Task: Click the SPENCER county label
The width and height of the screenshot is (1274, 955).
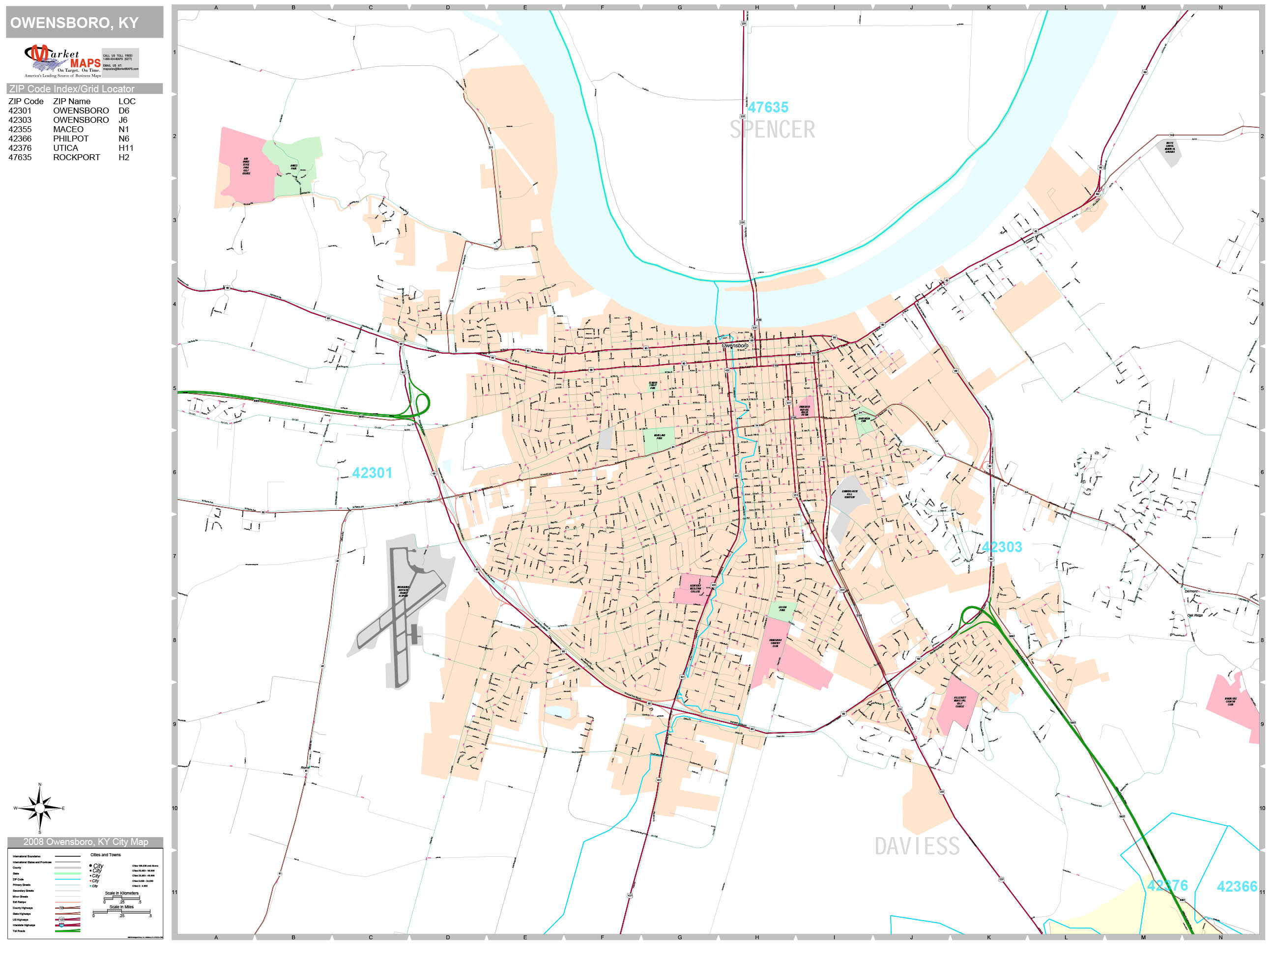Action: (772, 130)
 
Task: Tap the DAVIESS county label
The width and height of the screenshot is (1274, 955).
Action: (917, 846)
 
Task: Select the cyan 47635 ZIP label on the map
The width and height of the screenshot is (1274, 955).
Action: (768, 107)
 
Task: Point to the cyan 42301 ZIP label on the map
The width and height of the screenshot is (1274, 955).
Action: (372, 473)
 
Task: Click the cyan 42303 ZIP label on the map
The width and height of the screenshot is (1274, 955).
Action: (1002, 547)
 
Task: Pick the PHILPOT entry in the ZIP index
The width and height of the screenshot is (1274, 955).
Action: (71, 139)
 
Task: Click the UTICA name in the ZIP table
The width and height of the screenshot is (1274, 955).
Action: (66, 148)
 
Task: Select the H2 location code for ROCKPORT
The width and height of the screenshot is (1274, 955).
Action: (124, 157)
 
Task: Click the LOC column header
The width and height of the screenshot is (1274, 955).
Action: (127, 101)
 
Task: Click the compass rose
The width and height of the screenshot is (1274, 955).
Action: (40, 808)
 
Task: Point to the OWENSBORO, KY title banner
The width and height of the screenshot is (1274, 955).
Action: (85, 23)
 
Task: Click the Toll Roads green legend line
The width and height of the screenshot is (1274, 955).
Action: (67, 931)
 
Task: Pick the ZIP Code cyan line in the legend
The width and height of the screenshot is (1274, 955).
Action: (67, 879)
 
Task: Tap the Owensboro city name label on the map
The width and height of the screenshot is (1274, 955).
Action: (735, 345)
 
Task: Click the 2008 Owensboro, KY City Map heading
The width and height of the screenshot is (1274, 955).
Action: (85, 842)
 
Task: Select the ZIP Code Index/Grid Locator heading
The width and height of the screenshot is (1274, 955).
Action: (72, 88)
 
